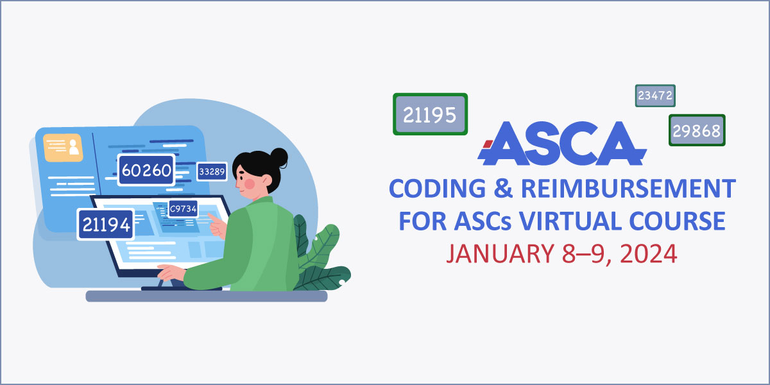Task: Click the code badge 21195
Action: pos(430,114)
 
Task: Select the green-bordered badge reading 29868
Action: pos(697,131)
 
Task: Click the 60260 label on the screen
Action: pos(146,170)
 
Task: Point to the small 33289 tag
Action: pos(212,171)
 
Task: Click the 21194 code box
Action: pos(105,225)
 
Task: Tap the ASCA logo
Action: pos(561,142)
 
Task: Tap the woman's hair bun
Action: pos(280,155)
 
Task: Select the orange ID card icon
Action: pos(63,147)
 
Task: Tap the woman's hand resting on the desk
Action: pos(168,273)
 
